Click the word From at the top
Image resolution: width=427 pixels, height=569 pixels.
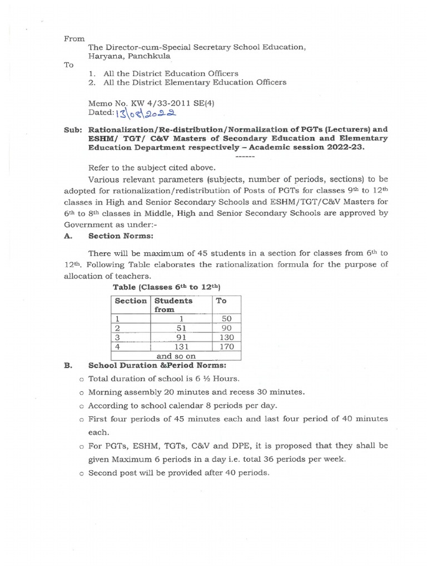[x=74, y=39]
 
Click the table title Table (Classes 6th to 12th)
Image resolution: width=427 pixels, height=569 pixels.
[x=167, y=287]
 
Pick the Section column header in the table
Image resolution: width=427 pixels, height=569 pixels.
[x=130, y=301]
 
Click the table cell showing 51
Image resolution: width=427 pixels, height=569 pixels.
[x=181, y=328]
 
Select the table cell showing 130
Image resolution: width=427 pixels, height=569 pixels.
[x=227, y=337]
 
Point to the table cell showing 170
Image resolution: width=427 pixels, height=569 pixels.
[x=227, y=347]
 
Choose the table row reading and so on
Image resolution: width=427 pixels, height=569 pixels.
[x=176, y=356]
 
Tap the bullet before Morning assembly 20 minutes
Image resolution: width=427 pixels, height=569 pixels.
[x=82, y=392]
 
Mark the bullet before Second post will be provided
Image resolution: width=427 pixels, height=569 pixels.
[x=82, y=473]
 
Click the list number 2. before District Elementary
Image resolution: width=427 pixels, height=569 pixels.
[x=92, y=82]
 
